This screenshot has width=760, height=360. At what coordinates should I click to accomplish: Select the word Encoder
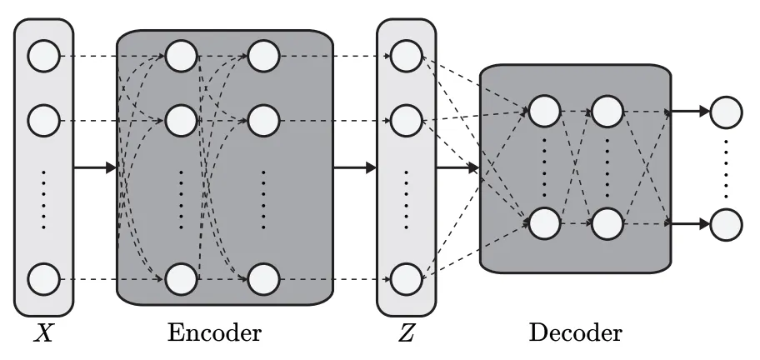[214, 333]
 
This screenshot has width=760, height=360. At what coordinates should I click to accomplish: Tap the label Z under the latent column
[406, 334]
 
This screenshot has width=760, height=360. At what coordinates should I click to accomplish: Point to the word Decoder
[575, 333]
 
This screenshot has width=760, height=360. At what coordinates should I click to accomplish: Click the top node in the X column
[43, 57]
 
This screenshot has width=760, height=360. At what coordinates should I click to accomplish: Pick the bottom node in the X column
[43, 277]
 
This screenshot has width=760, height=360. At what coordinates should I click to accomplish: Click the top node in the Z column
[405, 57]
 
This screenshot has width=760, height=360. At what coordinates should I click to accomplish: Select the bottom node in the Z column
[405, 277]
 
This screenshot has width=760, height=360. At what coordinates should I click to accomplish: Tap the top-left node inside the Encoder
[180, 57]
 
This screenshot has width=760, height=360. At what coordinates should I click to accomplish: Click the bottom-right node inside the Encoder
[262, 277]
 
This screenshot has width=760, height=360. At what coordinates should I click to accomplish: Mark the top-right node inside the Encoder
[262, 57]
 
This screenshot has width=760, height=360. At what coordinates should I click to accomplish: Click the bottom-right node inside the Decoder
[607, 223]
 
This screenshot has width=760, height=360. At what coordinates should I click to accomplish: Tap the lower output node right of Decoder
[725, 223]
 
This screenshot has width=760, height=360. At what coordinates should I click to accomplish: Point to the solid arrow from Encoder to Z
[355, 168]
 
